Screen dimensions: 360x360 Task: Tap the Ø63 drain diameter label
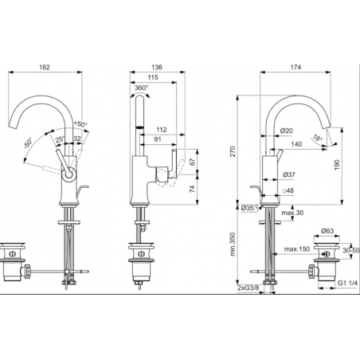pyautogui.click(x=327, y=230)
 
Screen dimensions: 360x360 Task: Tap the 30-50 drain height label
pyautogui.click(x=350, y=249)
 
